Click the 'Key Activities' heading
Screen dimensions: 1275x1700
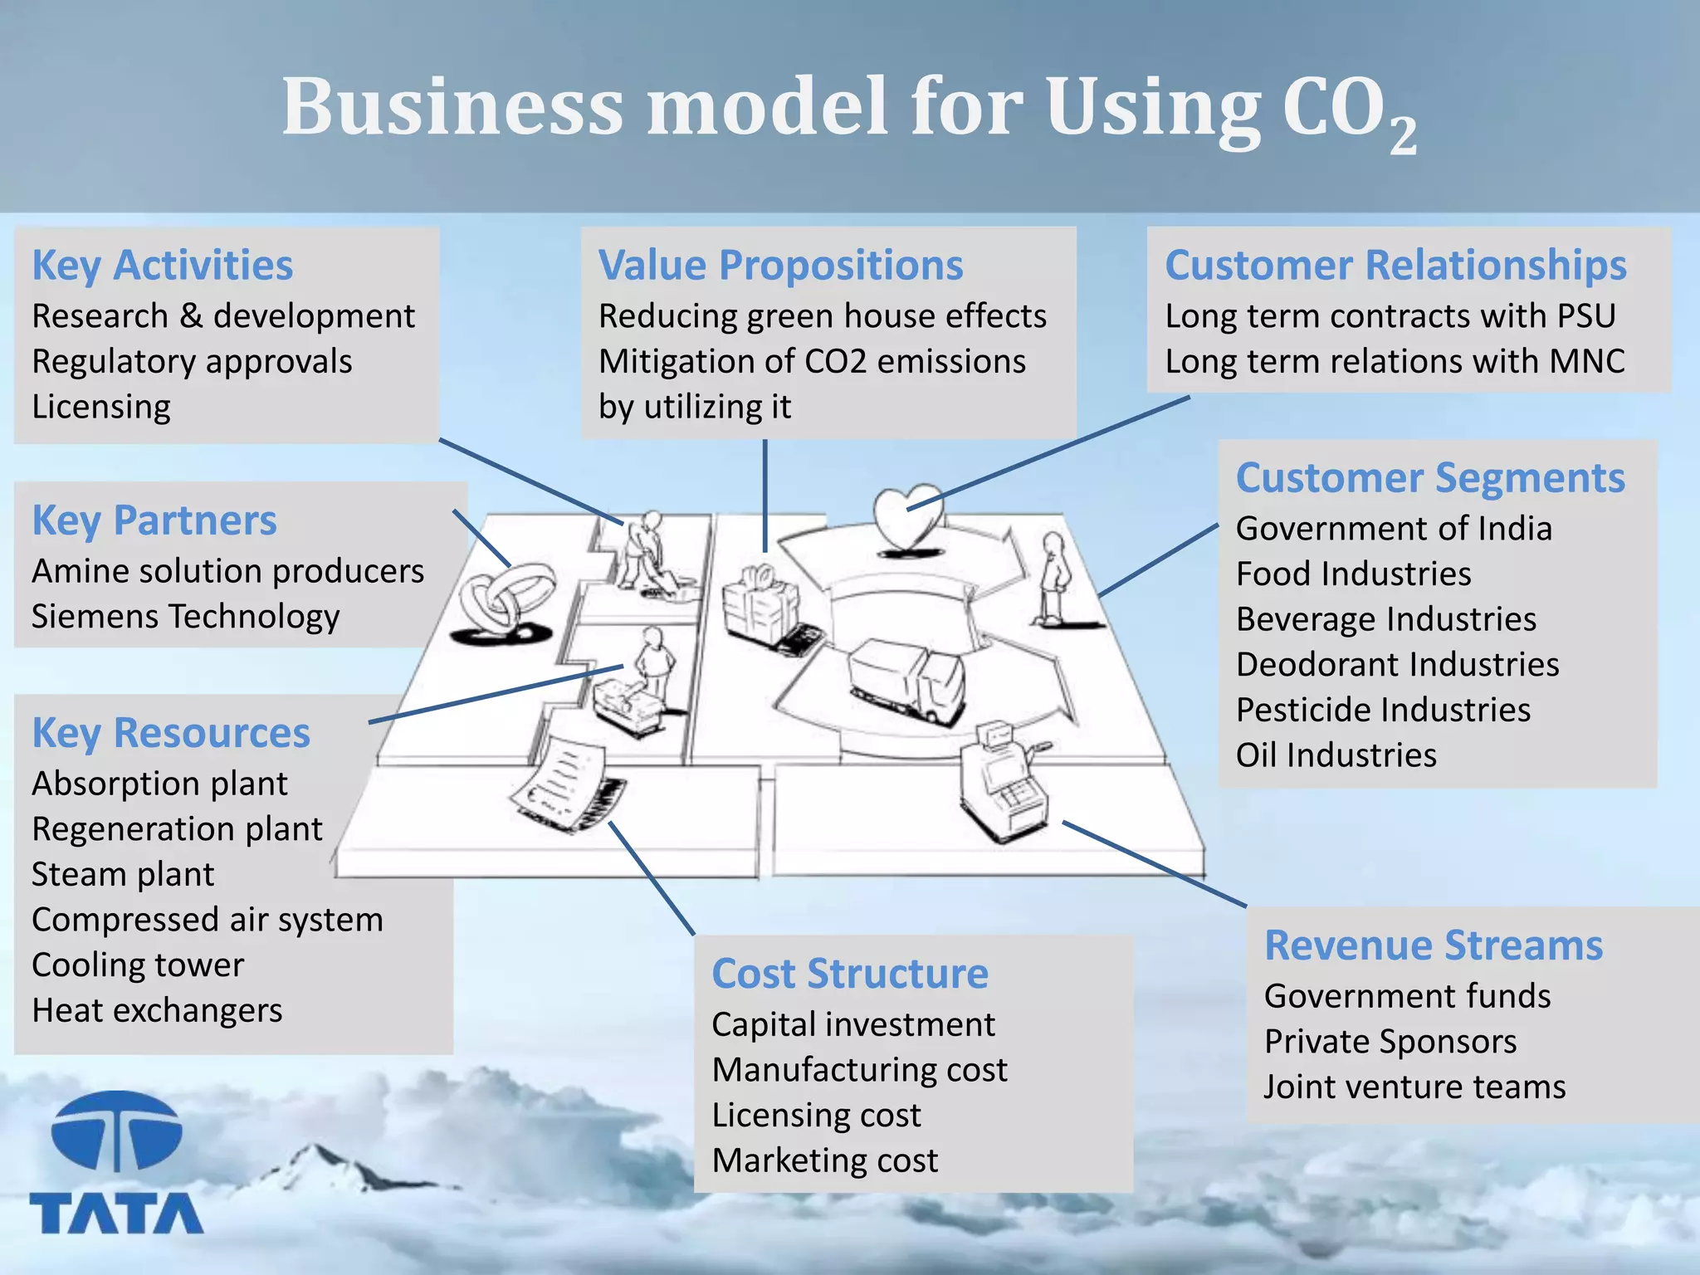coord(162,266)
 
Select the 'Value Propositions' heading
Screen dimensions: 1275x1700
coord(780,266)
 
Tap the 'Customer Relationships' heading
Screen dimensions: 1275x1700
coord(1395,266)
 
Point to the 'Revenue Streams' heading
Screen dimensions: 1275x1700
coord(1434,945)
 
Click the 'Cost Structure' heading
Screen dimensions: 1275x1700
coord(850,974)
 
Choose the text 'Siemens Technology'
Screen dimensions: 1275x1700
coord(186,617)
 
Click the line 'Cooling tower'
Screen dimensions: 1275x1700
coord(138,965)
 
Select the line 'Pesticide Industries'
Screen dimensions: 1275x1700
coord(1383,710)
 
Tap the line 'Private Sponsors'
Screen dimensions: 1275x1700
coord(1390,1042)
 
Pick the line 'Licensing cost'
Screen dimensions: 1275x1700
coord(817,1116)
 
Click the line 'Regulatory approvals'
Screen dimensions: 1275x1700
coord(192,362)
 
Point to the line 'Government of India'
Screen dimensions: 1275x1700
coord(1394,529)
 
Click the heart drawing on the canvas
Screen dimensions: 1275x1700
coord(908,516)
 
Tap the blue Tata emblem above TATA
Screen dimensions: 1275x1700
coord(116,1131)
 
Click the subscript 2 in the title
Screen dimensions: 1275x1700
coord(1403,134)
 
